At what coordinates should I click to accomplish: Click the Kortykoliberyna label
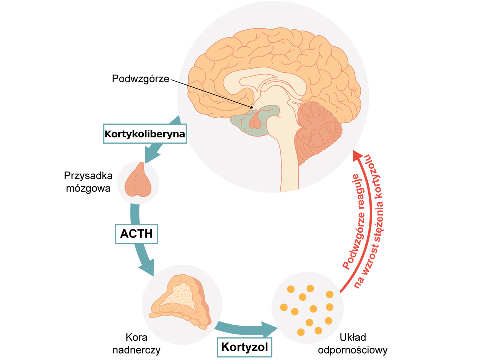click(x=144, y=134)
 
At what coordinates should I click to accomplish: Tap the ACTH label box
click(x=136, y=233)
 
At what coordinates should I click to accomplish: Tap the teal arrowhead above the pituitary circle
click(x=154, y=155)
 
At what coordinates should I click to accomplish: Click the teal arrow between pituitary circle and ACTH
click(x=134, y=212)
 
